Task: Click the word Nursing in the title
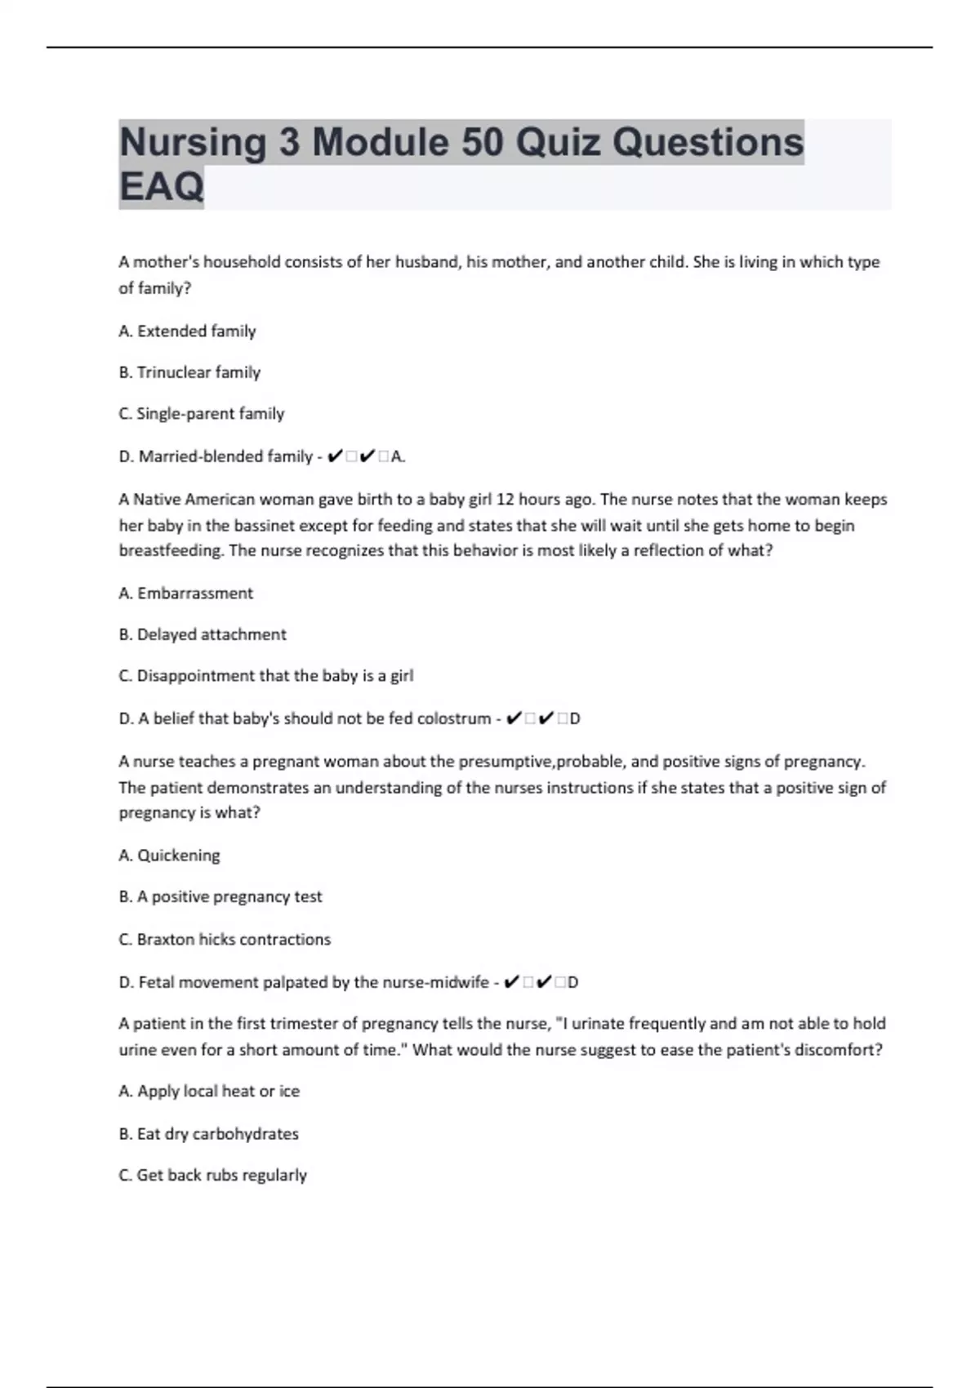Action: click(x=193, y=143)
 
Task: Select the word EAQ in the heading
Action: click(x=161, y=187)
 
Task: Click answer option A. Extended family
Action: click(x=187, y=331)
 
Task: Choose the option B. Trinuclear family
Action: click(x=189, y=372)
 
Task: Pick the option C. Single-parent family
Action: click(x=201, y=414)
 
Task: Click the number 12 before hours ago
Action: click(x=506, y=499)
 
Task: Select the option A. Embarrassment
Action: click(x=185, y=594)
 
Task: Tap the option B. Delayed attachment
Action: click(x=203, y=634)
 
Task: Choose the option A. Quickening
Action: click(x=169, y=856)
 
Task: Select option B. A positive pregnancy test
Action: click(x=220, y=896)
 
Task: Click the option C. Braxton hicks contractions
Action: click(x=225, y=939)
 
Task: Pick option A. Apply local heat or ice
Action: click(x=209, y=1092)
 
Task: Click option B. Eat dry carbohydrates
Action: click(x=208, y=1134)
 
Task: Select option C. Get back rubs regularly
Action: click(x=212, y=1176)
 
